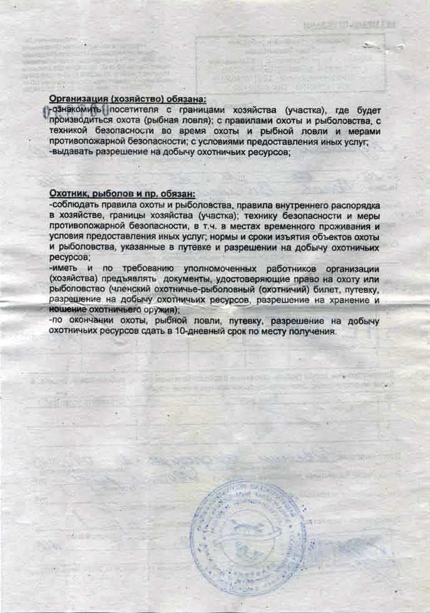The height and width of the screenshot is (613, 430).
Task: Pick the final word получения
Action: pos(310,332)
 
